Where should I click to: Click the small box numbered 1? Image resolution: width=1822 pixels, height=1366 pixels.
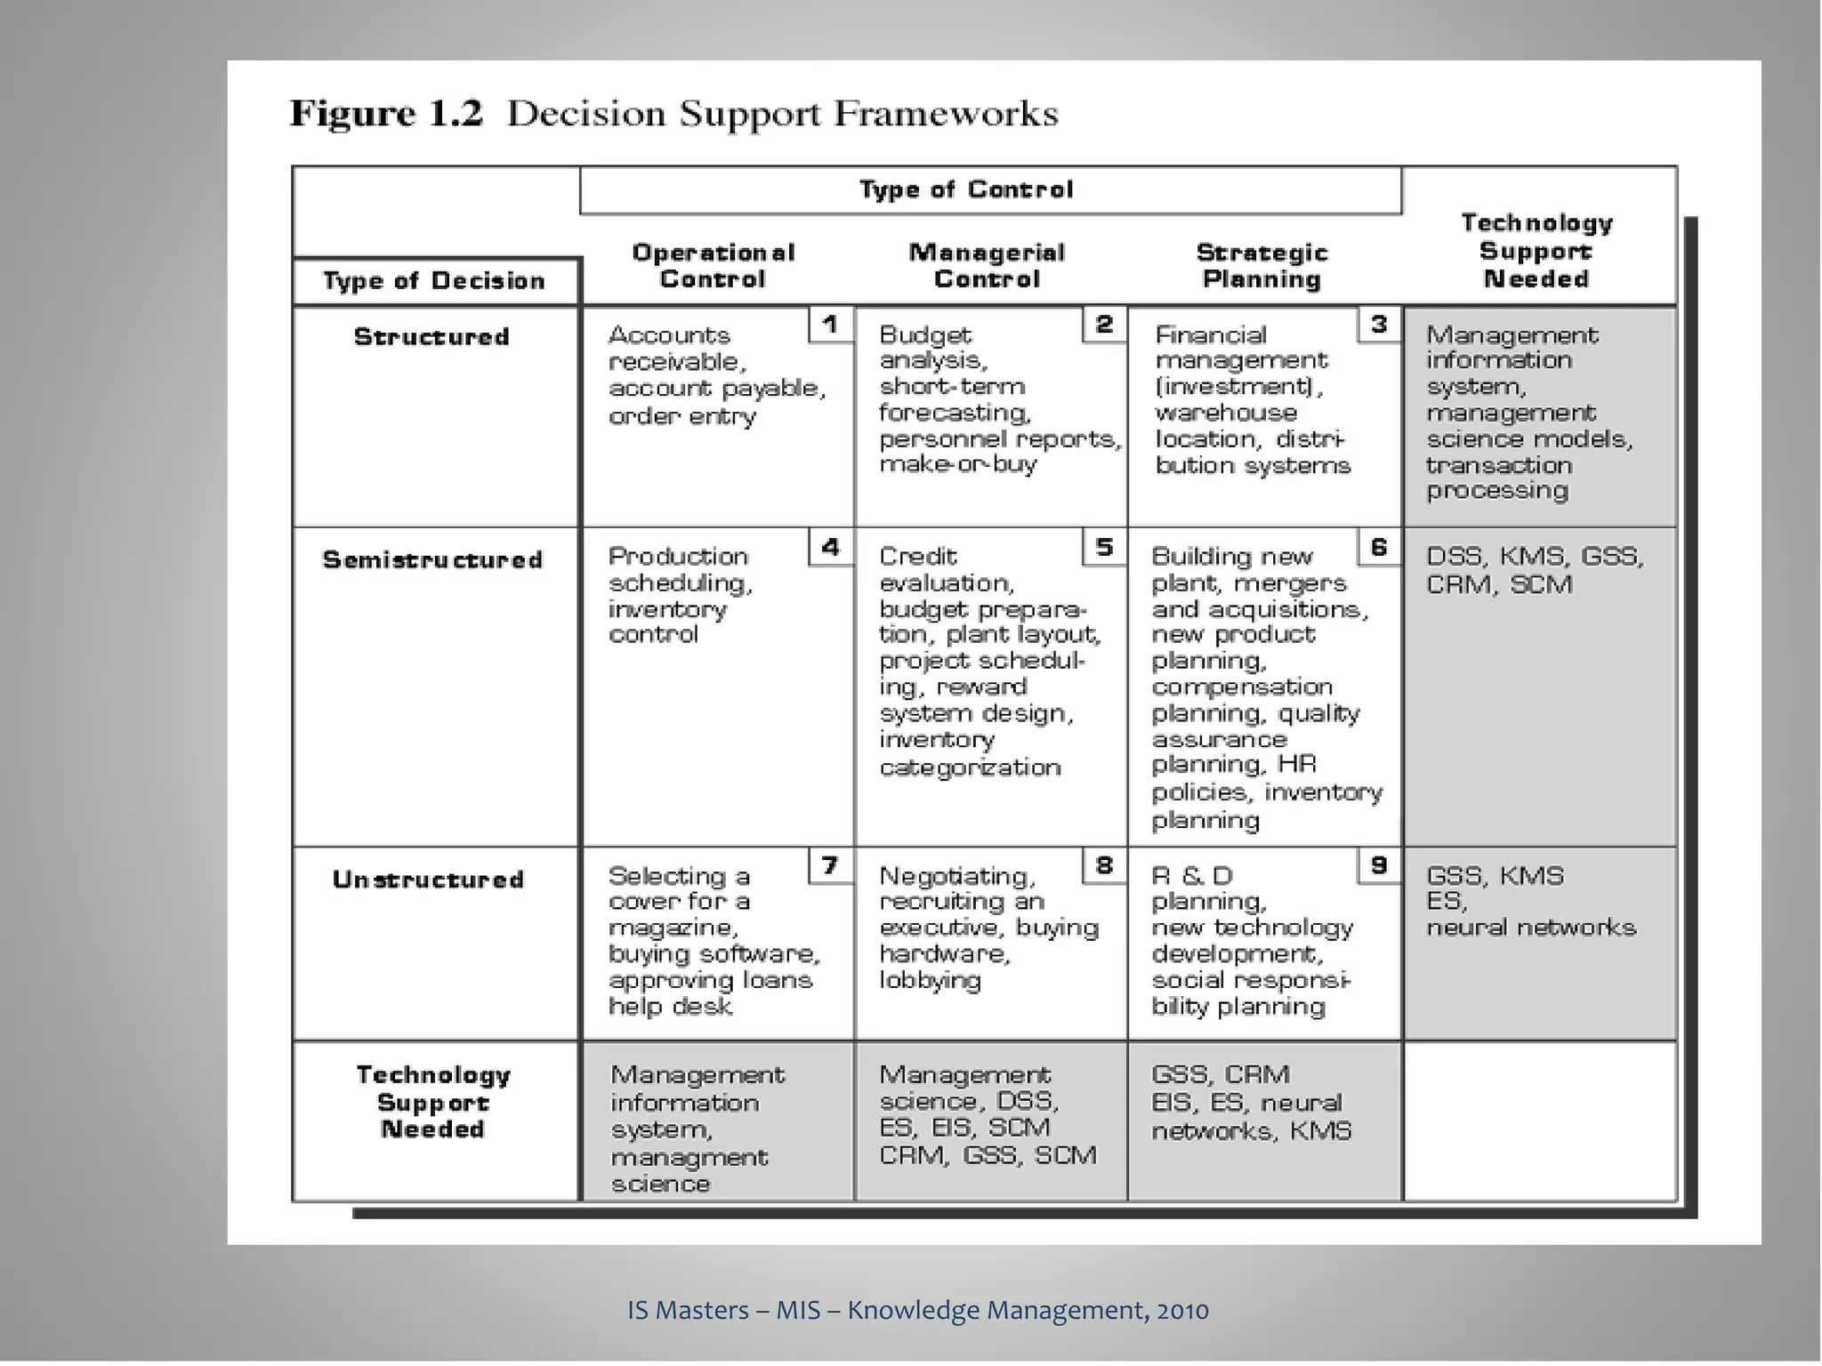830,325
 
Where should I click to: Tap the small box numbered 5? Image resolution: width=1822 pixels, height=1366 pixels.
1104,546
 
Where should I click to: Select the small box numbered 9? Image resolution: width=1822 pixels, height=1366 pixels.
1378,865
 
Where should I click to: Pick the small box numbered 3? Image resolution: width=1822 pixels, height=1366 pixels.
1378,325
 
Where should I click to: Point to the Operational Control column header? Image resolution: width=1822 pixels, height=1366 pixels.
713,266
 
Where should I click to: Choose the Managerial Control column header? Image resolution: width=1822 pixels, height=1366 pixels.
987,266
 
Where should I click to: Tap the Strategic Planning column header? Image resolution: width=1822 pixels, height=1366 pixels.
1262,266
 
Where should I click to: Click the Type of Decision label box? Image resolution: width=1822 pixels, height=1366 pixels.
434,281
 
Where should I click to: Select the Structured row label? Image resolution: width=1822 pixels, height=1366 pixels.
431,337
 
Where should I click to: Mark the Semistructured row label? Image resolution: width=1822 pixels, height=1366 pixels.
432,560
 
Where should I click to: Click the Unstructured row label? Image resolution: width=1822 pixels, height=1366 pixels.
428,880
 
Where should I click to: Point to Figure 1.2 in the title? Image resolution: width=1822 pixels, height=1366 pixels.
386,115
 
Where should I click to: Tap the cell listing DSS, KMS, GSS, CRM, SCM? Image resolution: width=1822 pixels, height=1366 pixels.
1535,570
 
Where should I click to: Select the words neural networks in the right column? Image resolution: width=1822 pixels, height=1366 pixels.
1531,928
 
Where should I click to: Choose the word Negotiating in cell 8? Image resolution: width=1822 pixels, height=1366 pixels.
957,876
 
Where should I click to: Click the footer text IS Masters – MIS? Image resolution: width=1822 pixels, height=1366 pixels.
723,1310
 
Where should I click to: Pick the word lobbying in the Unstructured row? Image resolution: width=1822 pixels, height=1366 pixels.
930,981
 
